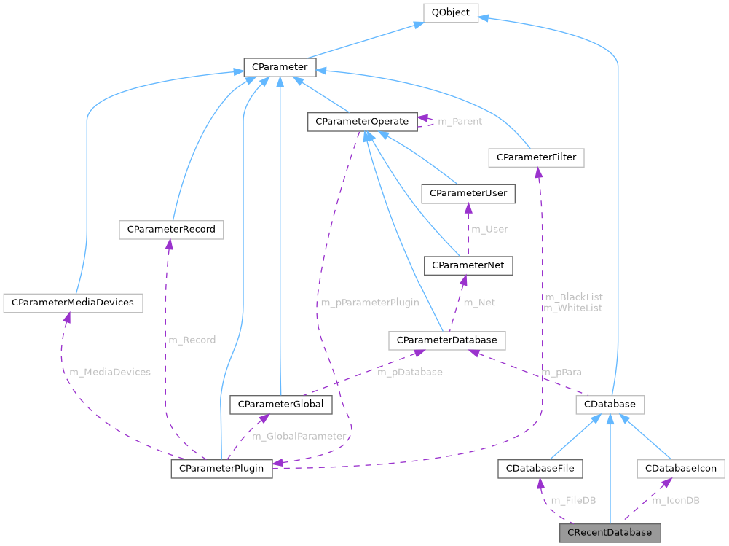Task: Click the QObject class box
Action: [451, 12]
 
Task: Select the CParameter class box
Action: [280, 68]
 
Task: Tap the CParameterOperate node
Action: [362, 122]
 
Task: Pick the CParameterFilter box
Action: [537, 157]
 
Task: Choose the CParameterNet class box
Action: [468, 265]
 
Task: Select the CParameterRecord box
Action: [171, 230]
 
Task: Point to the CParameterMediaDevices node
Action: [73, 303]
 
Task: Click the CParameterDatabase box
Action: [447, 340]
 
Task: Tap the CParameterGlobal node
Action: [281, 404]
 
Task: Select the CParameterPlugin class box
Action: [221, 468]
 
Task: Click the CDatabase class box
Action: [610, 404]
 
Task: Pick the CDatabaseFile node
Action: [540, 468]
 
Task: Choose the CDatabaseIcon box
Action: [680, 468]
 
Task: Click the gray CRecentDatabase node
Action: [610, 532]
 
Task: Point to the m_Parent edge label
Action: [459, 122]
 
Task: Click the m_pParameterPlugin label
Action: [369, 303]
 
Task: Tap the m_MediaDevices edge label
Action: [110, 372]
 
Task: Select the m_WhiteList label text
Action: [572, 308]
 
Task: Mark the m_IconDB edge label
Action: [676, 500]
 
